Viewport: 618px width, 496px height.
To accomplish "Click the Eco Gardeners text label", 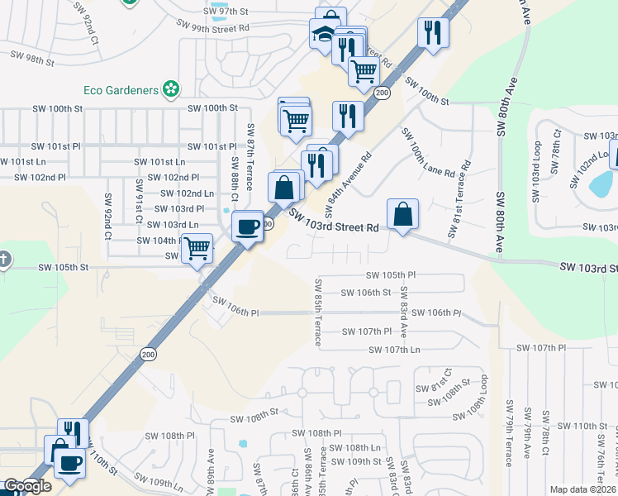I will (121, 89).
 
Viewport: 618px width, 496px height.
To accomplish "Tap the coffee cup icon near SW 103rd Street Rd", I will (247, 226).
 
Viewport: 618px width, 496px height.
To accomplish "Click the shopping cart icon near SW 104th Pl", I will (197, 248).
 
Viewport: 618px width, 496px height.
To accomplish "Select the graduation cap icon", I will (322, 34).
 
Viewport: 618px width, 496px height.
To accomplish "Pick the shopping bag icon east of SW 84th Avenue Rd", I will (402, 213).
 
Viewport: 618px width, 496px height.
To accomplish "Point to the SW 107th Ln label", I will (394, 350).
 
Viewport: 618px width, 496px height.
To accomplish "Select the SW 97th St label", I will (225, 11).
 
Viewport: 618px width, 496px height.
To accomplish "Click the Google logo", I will (27, 486).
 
